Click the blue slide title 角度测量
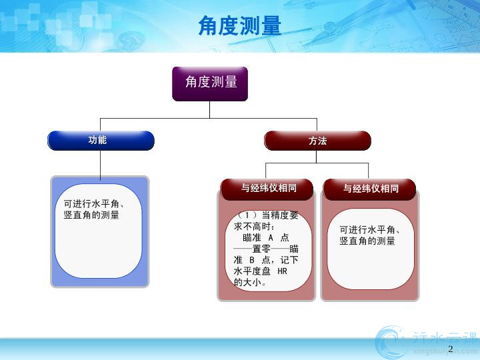240,25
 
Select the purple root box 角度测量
210,84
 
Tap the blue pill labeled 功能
101,141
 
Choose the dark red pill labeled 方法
317,141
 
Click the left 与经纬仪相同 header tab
267,189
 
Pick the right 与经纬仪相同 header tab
369,189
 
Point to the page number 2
450,349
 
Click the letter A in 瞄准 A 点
271,238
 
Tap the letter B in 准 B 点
252,260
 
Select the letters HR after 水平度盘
282,271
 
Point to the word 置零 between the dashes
261,249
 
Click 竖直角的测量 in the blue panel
91,215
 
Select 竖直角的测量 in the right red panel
367,241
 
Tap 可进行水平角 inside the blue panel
91,203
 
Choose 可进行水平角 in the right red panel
367,229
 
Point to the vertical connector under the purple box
210,109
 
